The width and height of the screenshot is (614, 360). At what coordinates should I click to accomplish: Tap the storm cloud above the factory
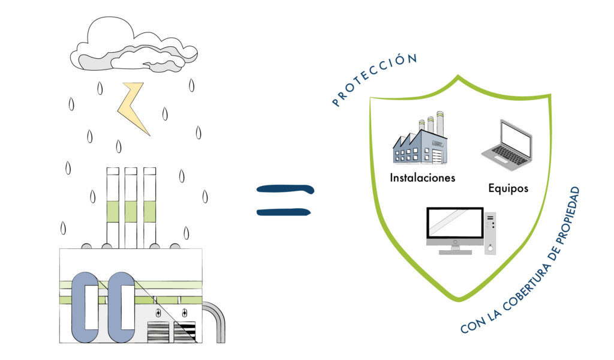point(134,47)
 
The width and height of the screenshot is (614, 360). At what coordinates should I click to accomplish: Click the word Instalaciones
point(423,178)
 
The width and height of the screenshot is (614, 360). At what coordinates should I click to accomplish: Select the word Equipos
point(508,188)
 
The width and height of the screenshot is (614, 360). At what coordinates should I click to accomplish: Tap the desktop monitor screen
point(455,223)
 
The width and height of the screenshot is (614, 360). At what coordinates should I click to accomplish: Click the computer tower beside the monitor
point(490,233)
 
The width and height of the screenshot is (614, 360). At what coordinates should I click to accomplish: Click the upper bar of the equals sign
point(285,189)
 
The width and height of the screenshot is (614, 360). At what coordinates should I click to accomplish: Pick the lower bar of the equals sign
point(284,212)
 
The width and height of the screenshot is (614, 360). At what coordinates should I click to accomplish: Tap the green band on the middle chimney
point(131,212)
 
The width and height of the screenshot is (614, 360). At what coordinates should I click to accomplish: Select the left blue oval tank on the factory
point(85,308)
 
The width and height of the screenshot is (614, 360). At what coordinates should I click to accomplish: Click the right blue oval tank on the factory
point(121,308)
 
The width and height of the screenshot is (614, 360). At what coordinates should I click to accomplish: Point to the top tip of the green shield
point(458,76)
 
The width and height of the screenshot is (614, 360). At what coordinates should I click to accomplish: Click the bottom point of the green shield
point(459,300)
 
